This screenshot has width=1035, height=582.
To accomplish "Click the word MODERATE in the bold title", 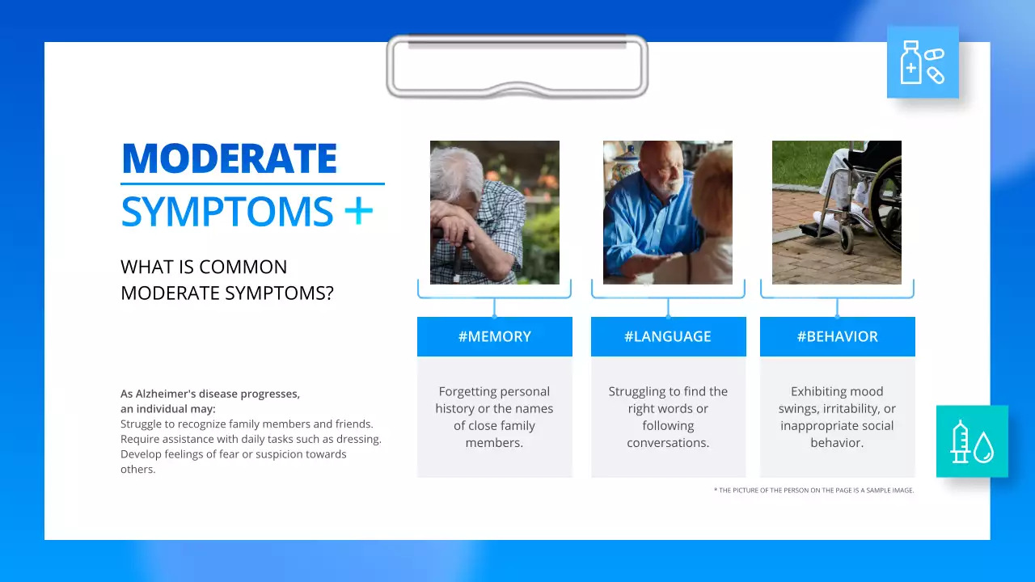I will (x=229, y=158).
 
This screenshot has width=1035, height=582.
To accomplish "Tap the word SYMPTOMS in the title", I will (x=226, y=212).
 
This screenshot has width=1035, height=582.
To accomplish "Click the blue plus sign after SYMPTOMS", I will (x=358, y=211).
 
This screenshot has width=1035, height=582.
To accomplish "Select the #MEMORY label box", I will (x=494, y=336).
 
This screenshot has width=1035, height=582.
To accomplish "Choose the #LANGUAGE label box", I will (x=668, y=336).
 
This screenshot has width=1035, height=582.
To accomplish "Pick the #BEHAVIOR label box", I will (x=837, y=336).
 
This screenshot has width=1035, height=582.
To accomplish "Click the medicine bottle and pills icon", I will (x=922, y=62).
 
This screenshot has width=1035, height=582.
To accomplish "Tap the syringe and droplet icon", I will (x=972, y=441).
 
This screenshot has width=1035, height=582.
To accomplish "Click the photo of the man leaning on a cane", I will (x=494, y=213).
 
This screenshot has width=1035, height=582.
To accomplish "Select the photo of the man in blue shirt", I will (x=667, y=213).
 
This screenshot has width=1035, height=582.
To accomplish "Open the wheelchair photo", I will (x=836, y=213).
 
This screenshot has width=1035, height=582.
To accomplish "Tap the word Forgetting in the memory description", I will (x=467, y=391).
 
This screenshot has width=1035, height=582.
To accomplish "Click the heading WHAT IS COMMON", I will (x=204, y=267).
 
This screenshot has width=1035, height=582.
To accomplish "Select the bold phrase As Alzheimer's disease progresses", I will (x=210, y=394).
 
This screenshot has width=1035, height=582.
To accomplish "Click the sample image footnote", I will (x=813, y=490).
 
